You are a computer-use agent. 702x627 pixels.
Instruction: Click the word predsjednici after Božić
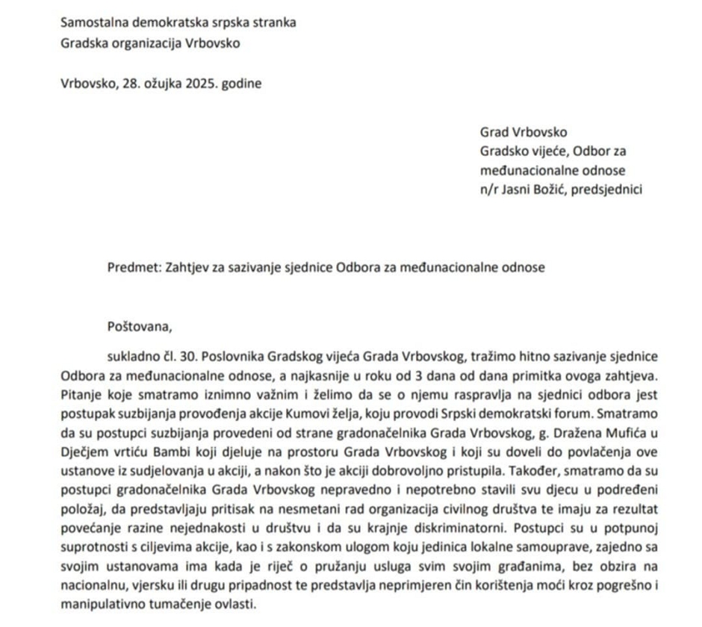pos(606,190)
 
